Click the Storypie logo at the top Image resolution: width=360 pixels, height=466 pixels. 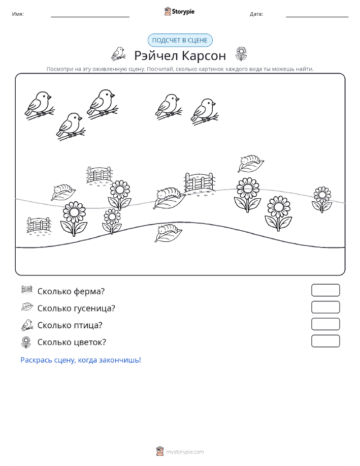[x=179, y=12]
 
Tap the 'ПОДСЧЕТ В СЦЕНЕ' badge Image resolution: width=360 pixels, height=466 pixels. [x=180, y=41]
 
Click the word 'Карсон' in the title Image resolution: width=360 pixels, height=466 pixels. [x=204, y=55]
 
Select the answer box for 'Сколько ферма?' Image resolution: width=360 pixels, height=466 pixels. [x=325, y=290]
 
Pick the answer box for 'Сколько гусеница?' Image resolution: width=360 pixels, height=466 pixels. [x=325, y=307]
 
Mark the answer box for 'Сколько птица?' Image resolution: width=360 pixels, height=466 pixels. [x=325, y=324]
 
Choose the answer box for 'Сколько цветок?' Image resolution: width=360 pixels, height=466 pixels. [x=325, y=341]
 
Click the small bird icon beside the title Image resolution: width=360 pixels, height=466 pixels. [x=118, y=53]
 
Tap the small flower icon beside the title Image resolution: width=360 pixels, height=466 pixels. [x=241, y=54]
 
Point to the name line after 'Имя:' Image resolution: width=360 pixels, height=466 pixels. [x=90, y=17]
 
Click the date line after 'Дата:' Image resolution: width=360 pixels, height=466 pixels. [x=317, y=17]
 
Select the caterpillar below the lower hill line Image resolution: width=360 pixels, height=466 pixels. [x=168, y=233]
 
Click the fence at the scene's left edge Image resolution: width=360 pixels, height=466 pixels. [x=38, y=226]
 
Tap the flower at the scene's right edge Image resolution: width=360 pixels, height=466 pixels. [x=322, y=199]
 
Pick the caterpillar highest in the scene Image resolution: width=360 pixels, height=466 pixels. [x=251, y=164]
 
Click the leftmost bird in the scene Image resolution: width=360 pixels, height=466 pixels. [x=40, y=106]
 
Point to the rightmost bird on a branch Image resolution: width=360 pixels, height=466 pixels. [x=205, y=112]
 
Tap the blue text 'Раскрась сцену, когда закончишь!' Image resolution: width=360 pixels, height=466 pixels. [x=81, y=360]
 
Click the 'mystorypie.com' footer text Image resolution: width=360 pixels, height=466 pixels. [x=185, y=452]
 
